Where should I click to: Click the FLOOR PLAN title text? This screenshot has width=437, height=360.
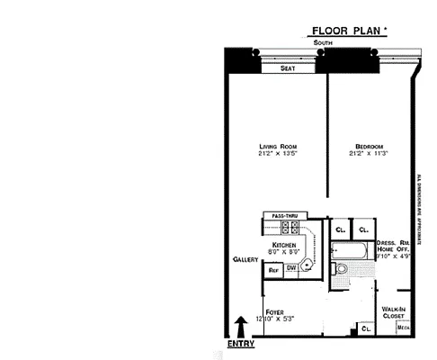click(x=349, y=30)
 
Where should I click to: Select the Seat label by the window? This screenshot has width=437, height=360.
click(x=288, y=67)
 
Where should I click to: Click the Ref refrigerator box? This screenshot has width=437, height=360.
click(x=273, y=268)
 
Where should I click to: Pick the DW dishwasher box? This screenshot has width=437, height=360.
click(x=291, y=268)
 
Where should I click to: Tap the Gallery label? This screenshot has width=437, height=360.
click(x=245, y=259)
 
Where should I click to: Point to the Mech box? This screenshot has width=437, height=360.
click(x=404, y=328)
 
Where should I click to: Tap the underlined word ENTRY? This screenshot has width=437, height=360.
click(x=240, y=343)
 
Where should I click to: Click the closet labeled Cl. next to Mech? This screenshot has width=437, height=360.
click(x=366, y=328)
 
